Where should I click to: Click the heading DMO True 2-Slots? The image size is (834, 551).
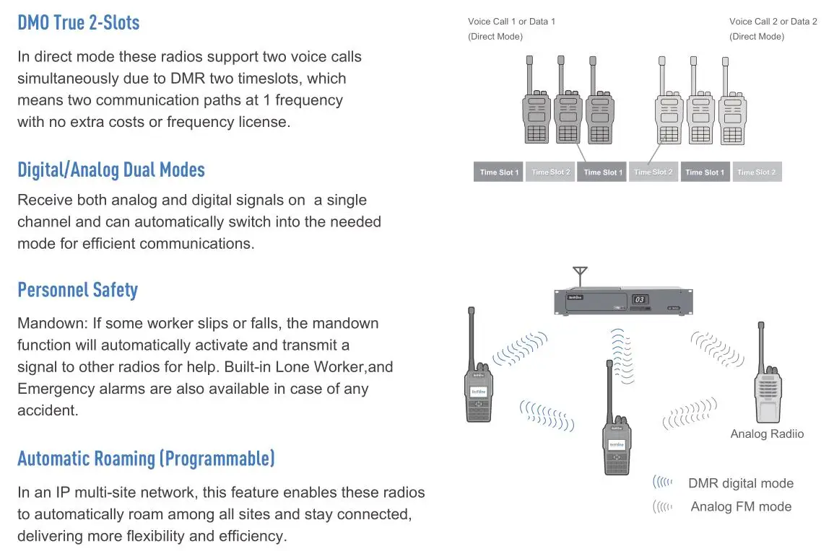coord(78,22)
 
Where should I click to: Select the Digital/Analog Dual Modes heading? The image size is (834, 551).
coord(111,169)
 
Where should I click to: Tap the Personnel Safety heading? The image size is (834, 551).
coord(77,290)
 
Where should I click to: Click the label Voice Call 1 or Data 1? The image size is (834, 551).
coord(511,22)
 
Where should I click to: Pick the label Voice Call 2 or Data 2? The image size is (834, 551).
coord(773,22)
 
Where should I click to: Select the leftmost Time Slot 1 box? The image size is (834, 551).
coord(499,172)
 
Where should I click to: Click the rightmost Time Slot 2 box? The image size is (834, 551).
coord(756,172)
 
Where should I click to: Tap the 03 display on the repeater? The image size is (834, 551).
coord(639,299)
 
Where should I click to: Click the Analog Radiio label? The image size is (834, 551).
coord(766,434)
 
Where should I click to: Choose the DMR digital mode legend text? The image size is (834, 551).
coord(740,484)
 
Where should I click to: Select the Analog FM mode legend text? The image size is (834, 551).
coord(740,507)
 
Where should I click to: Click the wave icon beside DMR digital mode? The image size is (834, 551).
coord(662,482)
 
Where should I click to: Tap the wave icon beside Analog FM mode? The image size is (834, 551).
coord(662,507)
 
